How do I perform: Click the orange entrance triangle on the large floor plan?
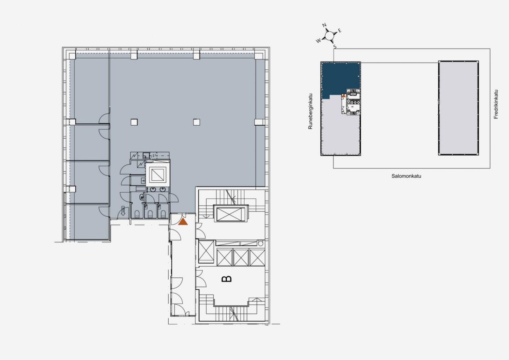(x=183, y=222)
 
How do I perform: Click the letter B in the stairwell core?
(x=227, y=278)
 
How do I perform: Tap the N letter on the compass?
(x=324, y=25)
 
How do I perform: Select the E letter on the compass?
(x=340, y=31)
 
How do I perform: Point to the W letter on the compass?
(x=318, y=41)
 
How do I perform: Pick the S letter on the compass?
(x=335, y=47)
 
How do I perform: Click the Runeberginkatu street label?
(x=310, y=111)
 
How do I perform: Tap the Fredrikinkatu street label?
(x=496, y=104)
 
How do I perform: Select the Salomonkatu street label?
(x=406, y=176)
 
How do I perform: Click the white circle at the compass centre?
(x=329, y=35)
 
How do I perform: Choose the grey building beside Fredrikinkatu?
(x=458, y=108)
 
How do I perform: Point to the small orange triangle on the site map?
(x=344, y=96)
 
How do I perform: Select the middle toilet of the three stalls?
(x=150, y=214)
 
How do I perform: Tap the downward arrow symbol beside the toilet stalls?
(x=123, y=211)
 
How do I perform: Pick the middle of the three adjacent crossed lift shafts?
(x=241, y=257)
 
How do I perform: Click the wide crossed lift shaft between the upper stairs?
(x=231, y=214)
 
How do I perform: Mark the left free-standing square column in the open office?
(x=134, y=122)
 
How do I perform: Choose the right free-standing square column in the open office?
(x=196, y=122)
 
